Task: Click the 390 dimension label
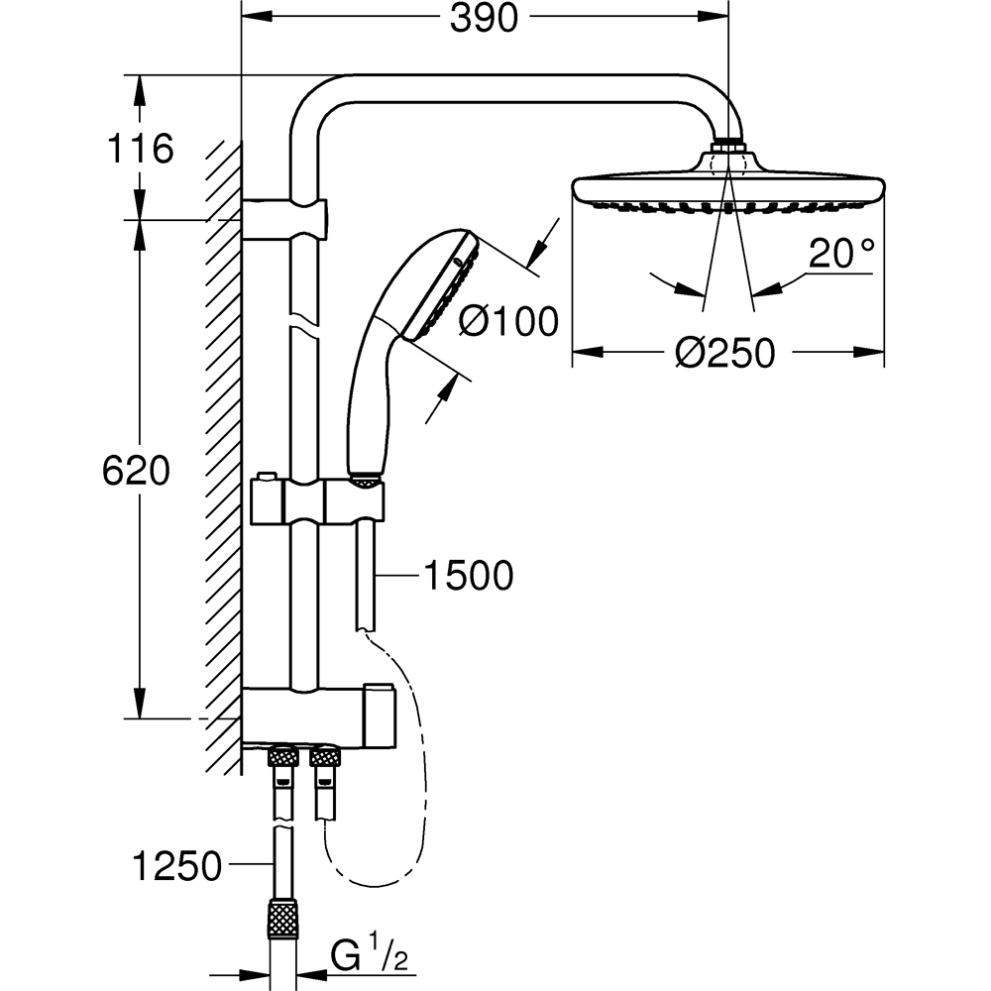[x=484, y=18]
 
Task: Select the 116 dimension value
[x=140, y=149]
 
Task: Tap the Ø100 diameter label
[x=510, y=320]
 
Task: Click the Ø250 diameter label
[x=726, y=352]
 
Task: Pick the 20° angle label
[x=841, y=255]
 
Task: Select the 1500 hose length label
[x=467, y=575]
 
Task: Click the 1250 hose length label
[x=176, y=867]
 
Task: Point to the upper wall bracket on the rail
[x=283, y=218]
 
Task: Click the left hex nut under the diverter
[x=281, y=759]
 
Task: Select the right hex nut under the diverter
[x=327, y=759]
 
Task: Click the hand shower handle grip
[x=372, y=396]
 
